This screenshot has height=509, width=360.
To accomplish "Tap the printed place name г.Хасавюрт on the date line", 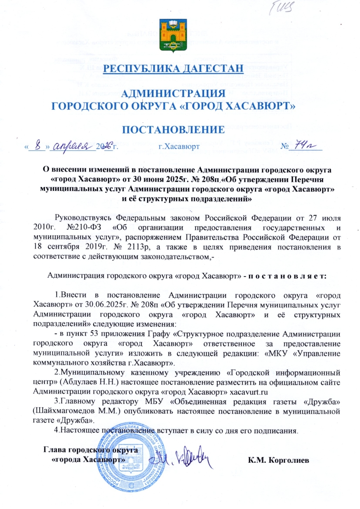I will [179, 147].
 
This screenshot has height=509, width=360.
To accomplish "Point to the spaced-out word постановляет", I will [287, 275].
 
